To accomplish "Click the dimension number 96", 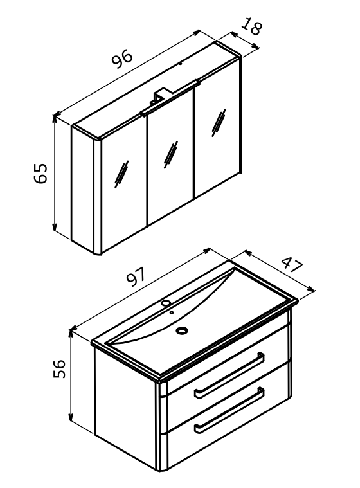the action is click(x=122, y=59).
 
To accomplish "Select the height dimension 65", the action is click(x=40, y=174).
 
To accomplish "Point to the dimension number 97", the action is click(x=136, y=276).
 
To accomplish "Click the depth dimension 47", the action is click(x=292, y=264).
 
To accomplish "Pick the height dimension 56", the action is click(x=59, y=369).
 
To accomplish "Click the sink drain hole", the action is click(x=182, y=330).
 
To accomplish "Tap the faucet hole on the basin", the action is click(x=166, y=303).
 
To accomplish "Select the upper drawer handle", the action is click(x=230, y=375).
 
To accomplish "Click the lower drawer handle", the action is click(x=230, y=410).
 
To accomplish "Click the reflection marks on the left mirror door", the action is click(x=122, y=174).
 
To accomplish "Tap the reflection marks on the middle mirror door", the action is click(x=171, y=155).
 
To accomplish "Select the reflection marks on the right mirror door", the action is click(x=219, y=123).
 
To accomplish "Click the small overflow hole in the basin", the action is click(x=172, y=312).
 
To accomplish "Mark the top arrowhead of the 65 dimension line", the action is click(x=55, y=118).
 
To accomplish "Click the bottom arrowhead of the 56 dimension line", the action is click(x=71, y=417).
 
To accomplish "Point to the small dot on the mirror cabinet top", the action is click(x=180, y=64).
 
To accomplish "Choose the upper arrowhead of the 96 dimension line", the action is click(x=197, y=32).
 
